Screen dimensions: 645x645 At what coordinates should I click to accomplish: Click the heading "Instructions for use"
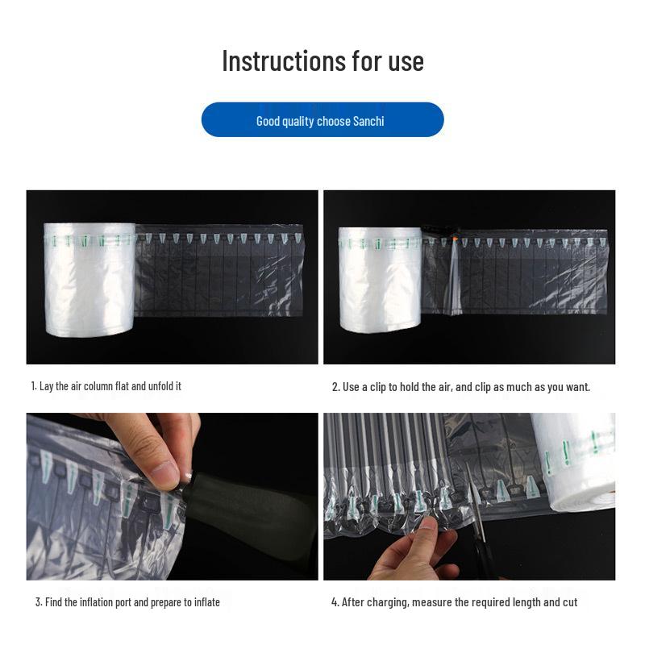point(322,60)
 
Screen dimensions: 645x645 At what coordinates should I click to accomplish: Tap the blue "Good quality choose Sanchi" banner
point(322,119)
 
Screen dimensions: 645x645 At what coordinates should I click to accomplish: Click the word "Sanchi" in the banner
point(368,121)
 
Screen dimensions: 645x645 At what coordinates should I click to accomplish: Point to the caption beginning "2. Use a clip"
point(460,387)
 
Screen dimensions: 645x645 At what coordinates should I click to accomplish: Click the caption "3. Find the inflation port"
point(127,601)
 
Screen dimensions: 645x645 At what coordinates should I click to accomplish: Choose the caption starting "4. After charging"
point(455,601)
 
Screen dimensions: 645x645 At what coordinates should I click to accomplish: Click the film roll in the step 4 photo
point(574,460)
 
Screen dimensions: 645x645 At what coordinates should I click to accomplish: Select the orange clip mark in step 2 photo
point(456,239)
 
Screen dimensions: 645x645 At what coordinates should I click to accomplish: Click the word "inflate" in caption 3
point(204,601)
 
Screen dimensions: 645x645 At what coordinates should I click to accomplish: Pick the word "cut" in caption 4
point(569,601)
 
